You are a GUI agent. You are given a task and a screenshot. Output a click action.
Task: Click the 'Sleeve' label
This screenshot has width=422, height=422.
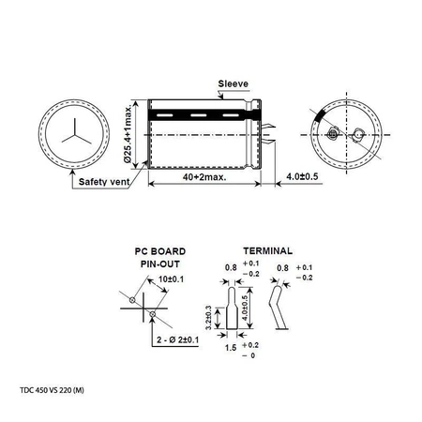(x=234, y=82)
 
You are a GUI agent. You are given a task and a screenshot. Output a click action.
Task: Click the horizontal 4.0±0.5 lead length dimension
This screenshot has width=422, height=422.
(x=293, y=176)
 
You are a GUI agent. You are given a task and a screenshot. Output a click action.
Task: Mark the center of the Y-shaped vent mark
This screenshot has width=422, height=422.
(x=68, y=133)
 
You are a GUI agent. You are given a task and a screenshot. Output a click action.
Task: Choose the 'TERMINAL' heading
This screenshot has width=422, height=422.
(x=266, y=252)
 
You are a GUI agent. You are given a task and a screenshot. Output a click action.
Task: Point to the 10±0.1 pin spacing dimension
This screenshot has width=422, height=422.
(x=167, y=279)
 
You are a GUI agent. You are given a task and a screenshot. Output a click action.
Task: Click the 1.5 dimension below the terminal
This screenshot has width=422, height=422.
(x=229, y=350)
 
